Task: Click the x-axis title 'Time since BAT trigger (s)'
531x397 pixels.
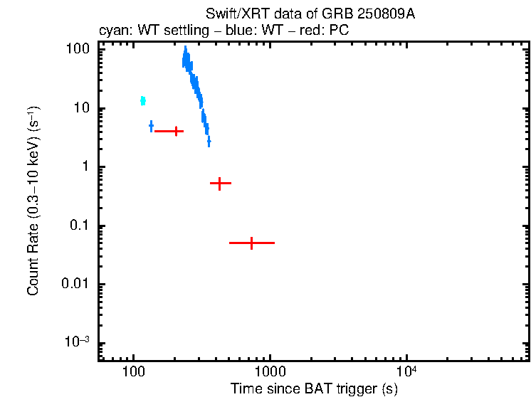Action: tap(313, 388)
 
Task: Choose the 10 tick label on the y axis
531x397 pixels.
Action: tap(82, 108)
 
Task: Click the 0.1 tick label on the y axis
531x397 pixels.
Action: tap(80, 226)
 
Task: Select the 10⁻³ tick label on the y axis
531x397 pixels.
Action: tap(77, 342)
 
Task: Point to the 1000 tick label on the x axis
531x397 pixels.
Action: tap(270, 372)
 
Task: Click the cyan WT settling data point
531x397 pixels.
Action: tap(143, 100)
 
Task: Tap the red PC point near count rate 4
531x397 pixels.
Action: tap(175, 131)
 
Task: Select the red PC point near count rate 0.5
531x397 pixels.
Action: tap(221, 184)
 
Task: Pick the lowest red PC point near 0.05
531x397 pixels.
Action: tap(251, 243)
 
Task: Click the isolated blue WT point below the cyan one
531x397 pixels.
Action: tap(151, 126)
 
